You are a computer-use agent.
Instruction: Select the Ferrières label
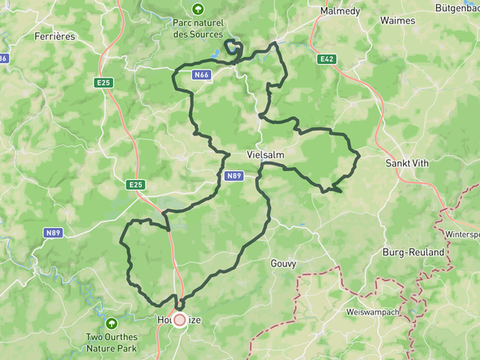(x=54, y=36)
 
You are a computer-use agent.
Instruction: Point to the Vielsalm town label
(x=266, y=155)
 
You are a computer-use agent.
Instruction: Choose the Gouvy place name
(x=283, y=262)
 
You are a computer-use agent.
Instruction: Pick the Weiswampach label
(x=371, y=311)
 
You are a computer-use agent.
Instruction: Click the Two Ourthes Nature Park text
(x=111, y=342)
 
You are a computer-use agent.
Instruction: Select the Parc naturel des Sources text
(x=196, y=30)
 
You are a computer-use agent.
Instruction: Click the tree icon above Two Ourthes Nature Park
(x=111, y=323)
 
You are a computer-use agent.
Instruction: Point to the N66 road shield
(x=202, y=74)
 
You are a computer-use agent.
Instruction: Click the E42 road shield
(x=326, y=58)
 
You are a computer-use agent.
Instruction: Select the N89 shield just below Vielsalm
(x=234, y=175)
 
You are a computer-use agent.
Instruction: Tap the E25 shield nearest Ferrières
(x=103, y=82)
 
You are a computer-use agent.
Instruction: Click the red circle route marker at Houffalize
(x=180, y=320)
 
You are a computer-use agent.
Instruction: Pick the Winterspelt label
(x=462, y=234)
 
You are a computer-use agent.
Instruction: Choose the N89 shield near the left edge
(x=54, y=233)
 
